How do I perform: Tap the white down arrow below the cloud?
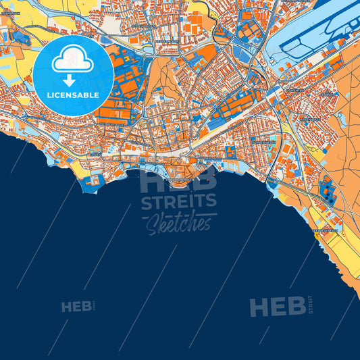click(68, 79)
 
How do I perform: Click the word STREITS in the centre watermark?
click(178, 201)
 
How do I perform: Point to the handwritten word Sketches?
click(179, 222)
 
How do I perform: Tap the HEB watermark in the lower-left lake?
click(76, 307)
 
